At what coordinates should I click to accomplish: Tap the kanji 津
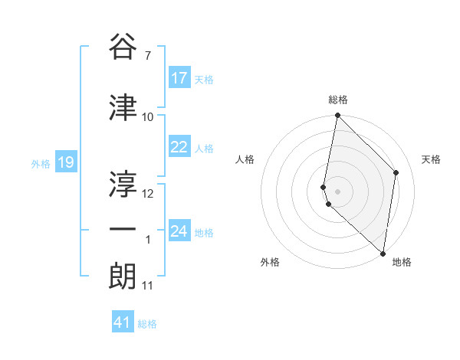click(123, 108)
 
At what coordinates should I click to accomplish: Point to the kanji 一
click(123, 229)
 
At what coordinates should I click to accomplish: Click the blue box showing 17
click(179, 78)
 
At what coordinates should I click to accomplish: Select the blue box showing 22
click(179, 148)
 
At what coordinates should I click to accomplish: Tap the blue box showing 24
click(179, 231)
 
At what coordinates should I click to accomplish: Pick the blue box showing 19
click(65, 162)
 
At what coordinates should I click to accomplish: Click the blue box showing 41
click(123, 322)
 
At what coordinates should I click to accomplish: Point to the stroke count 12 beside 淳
click(149, 194)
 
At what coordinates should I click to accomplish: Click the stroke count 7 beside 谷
click(147, 55)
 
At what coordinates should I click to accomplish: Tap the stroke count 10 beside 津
click(148, 117)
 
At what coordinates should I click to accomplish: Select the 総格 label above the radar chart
click(338, 100)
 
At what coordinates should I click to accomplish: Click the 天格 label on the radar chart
click(432, 159)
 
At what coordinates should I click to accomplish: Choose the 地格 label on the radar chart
click(402, 262)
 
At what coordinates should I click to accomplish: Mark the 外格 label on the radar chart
click(270, 262)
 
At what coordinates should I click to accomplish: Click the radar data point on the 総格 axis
click(337, 116)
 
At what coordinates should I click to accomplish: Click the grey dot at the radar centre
click(337, 191)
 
